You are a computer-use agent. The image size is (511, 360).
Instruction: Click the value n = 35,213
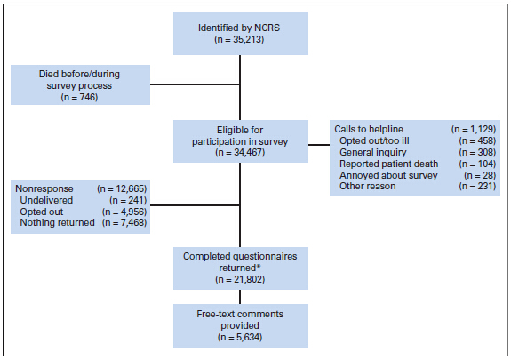pos(239,39)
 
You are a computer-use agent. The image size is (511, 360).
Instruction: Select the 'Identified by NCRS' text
pos(239,28)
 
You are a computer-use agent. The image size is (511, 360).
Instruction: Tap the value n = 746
pos(79,97)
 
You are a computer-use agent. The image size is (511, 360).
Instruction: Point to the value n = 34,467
pos(240,152)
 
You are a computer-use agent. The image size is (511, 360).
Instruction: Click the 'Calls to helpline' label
pos(369,129)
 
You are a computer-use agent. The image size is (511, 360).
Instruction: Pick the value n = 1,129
pos(474,129)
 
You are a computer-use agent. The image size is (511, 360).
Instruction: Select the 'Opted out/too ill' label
pos(374,140)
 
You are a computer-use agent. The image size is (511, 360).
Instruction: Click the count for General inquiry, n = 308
pos(477,152)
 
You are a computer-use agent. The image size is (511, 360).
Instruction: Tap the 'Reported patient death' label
pos(388,164)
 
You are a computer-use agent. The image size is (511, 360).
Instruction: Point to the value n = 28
pos(480,175)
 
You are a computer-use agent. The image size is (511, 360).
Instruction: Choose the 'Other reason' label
pos(368,186)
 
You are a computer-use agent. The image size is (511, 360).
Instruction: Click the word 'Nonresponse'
pos(44,188)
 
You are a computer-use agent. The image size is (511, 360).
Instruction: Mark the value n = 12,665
pos(122,188)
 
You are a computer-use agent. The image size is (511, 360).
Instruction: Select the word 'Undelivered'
pos(46,200)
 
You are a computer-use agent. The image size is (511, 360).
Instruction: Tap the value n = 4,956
pos(124,212)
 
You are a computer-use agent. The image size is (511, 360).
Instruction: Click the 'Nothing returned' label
pos(58,223)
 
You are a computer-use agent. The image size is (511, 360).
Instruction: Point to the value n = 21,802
pos(240,279)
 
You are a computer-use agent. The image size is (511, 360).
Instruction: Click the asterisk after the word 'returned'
pos(259,267)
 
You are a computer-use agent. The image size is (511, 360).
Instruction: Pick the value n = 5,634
pos(240,337)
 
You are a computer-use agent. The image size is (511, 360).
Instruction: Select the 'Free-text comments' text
pos(240,314)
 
